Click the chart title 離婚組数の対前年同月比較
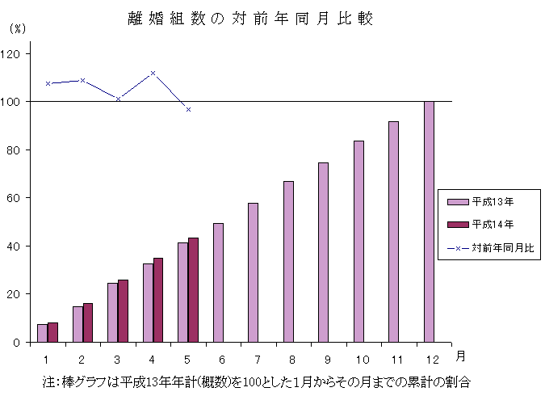(x=250, y=19)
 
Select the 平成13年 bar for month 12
(x=429, y=221)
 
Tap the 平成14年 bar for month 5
(x=193, y=290)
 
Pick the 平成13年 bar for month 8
(x=288, y=262)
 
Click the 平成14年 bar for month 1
(x=52, y=332)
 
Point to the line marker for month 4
(x=153, y=73)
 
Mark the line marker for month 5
(x=188, y=109)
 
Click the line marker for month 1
(x=48, y=83)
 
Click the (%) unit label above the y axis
(x=17, y=27)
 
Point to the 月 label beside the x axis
(x=459, y=355)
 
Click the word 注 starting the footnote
(x=48, y=380)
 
